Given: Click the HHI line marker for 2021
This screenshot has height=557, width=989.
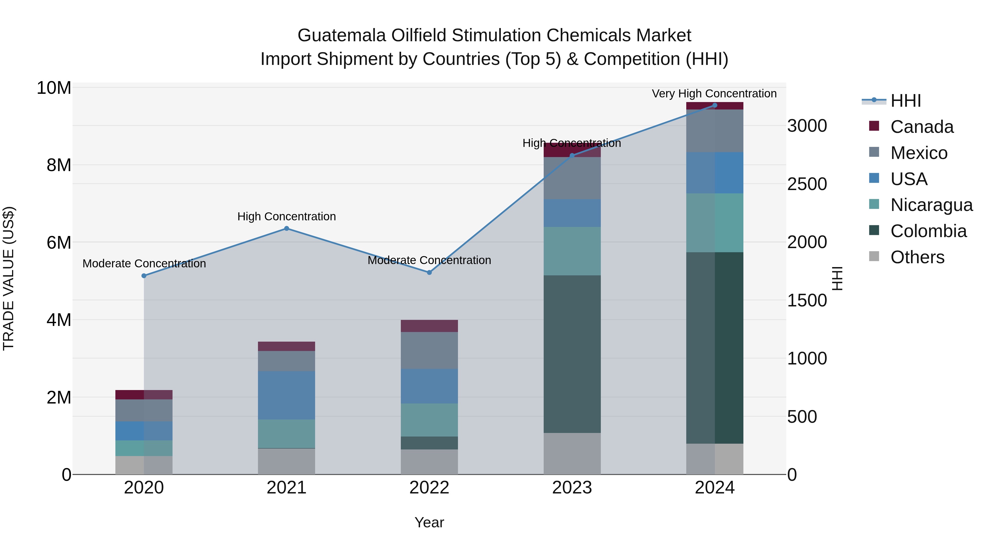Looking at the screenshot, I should tap(287, 229).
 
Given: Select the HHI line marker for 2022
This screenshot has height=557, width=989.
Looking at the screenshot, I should tap(429, 273).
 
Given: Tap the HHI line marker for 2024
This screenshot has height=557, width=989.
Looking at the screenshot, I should tap(715, 105).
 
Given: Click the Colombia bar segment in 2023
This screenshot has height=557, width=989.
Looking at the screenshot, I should tap(572, 354).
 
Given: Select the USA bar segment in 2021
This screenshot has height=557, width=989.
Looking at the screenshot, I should tap(287, 395).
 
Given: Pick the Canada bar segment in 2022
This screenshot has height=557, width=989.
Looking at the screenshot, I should tap(429, 326).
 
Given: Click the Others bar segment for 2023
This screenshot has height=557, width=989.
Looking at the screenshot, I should tap(572, 454).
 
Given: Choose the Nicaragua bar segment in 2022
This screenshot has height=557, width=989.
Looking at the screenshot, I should tap(429, 420).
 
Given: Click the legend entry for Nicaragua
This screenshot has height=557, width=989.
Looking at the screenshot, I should tap(931, 205).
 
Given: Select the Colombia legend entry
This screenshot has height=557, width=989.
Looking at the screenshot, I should tap(928, 231).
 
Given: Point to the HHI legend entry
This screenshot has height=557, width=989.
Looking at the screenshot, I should tap(905, 101).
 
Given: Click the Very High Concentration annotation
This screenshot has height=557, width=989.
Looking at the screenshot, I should tap(714, 94).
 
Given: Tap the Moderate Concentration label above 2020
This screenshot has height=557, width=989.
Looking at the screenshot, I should tap(144, 264).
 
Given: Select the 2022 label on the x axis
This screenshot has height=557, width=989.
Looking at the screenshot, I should tap(429, 488).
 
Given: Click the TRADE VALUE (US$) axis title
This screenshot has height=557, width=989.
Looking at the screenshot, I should tap(9, 278).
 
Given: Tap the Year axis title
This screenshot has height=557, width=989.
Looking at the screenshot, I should tap(429, 522).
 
